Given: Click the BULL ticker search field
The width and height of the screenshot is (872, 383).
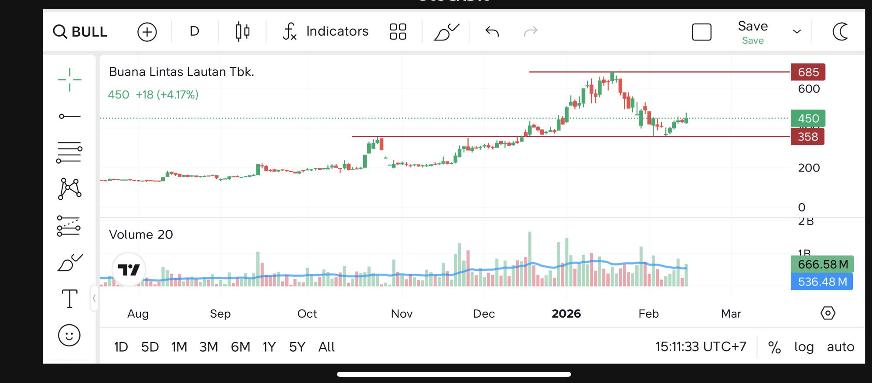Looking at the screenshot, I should coord(81,32).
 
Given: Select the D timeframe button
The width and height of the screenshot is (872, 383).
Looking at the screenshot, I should coord(194,31).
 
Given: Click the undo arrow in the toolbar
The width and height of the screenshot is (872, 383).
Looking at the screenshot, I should coord(492,31).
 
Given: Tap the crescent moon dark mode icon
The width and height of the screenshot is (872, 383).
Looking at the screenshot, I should coord(840,32).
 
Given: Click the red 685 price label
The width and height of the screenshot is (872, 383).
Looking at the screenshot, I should coord(808,72).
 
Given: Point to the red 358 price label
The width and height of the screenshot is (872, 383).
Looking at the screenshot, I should coord(807,137).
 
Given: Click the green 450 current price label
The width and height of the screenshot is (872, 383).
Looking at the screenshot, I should coord(808,118).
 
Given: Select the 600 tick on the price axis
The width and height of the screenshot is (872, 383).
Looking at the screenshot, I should coord(809,89).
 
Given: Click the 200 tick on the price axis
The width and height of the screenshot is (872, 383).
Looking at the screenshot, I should coord(809,168).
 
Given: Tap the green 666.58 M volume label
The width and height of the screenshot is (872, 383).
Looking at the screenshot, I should coord(822,264).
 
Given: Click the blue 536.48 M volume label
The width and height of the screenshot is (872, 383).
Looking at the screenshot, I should coord(822,282).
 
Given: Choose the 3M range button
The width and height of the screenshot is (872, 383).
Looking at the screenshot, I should coord(208,347).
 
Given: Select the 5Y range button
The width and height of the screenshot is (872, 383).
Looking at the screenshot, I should coord(297,347).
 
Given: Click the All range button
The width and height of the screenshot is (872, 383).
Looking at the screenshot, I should coord(326,347).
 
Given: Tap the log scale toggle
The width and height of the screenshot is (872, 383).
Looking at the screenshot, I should coord(804,347).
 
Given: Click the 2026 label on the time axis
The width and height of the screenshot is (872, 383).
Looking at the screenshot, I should coord(566,314).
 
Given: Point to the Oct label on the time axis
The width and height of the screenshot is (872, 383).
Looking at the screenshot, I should coord(307,314).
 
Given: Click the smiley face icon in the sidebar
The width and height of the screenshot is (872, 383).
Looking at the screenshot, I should coord(69,336).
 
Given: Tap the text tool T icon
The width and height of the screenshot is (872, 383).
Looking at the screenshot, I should coord(69,299).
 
